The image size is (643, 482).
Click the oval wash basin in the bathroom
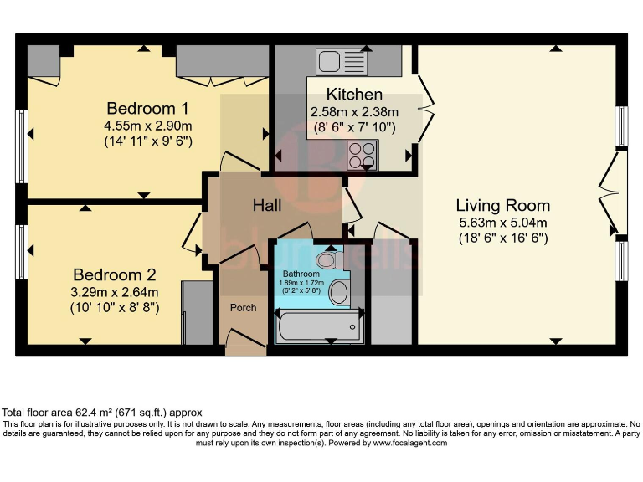(339, 293)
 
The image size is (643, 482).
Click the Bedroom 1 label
(147, 109)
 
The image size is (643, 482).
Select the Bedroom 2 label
(115, 275)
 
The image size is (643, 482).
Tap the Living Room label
(502, 205)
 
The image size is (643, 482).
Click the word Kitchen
(354, 95)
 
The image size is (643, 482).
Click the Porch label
(243, 307)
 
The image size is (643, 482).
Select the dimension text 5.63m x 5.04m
(502, 223)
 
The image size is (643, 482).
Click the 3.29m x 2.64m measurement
(115, 292)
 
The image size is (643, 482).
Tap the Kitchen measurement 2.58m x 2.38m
(354, 111)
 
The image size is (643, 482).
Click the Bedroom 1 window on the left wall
(21, 147)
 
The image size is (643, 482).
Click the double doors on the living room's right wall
(615, 193)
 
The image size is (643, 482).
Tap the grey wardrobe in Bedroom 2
(198, 313)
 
